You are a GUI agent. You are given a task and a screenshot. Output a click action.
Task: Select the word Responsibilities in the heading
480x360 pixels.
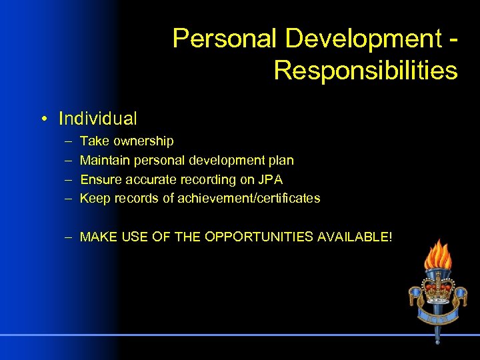pos(365,69)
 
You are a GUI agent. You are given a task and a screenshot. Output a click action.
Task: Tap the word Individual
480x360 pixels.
pos(98,119)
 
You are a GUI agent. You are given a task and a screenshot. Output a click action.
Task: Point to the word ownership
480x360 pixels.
pos(143,141)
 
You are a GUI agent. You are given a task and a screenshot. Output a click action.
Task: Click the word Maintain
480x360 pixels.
pos(105,161)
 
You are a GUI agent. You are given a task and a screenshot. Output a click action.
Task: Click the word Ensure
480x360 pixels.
pos(101,179)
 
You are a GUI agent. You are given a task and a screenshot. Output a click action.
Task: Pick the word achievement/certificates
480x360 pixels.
pos(249,198)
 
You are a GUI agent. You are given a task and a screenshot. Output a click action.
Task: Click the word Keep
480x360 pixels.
pos(94,198)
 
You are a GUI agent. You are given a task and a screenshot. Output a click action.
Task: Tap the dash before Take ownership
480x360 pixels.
pos(69,141)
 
